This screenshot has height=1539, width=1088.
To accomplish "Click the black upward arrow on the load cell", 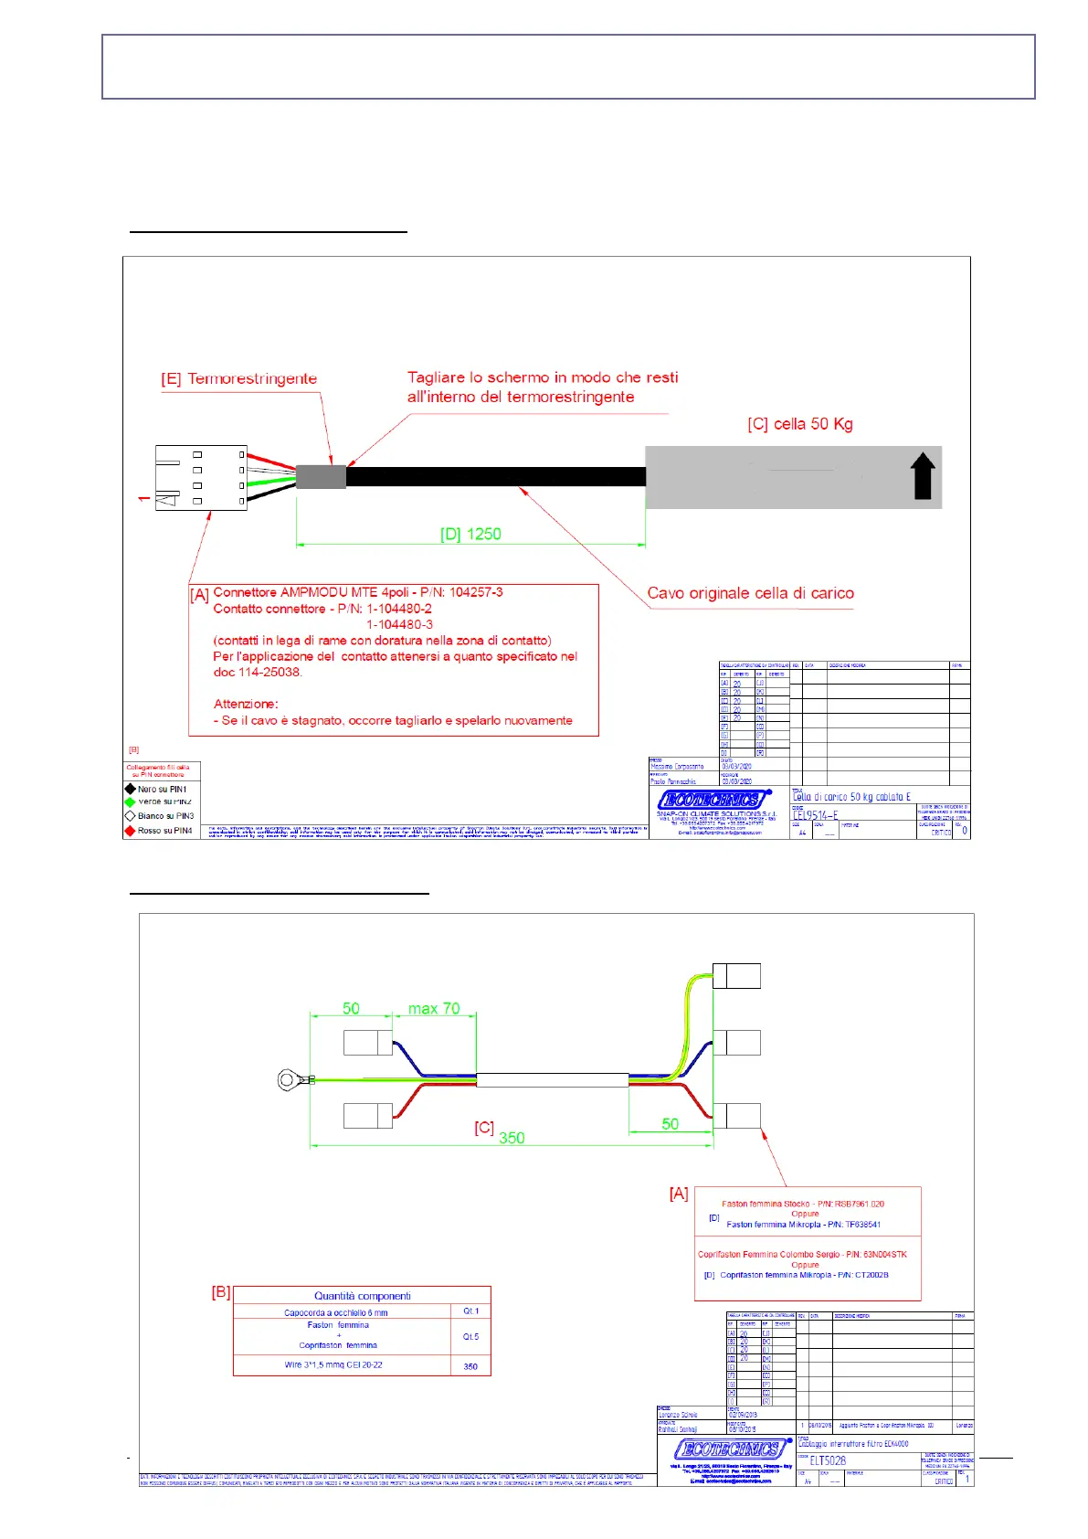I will pos(923,476).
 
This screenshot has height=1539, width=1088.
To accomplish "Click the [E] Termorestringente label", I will pos(239,378).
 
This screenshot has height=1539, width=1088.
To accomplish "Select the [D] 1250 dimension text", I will pos(470,534).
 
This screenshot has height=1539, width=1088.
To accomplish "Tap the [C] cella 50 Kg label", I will pos(799,424).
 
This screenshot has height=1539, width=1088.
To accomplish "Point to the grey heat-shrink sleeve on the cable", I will pos(321,477).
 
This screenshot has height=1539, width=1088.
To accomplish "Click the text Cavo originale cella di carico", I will pos(750,593).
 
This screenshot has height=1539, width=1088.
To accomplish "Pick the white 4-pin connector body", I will pos(201,477).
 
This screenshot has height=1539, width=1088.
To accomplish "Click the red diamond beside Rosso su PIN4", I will pos(130,831).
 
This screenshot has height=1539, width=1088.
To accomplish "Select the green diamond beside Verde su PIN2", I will pos(130,801).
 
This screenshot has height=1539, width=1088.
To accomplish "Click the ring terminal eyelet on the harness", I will pos(289,1081).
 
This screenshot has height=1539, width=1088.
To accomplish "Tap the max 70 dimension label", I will pos(434,1009).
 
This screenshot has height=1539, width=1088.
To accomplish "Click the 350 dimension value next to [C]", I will pos(512,1138).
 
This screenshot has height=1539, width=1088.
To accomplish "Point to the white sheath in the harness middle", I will pos(552,1080).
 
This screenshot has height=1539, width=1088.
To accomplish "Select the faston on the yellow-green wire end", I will pos(736,976).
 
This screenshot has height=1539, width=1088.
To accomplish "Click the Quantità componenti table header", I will pos(362,1296).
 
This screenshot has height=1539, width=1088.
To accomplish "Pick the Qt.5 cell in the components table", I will pos(470,1336).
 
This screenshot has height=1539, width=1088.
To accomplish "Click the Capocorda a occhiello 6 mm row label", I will pos(335,1312).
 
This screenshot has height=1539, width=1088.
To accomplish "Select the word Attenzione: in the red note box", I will pos(246,704).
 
